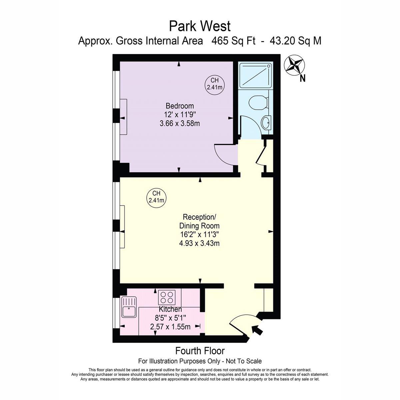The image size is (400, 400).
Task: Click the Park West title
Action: pos(200,26)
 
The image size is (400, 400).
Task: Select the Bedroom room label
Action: pos(180,106)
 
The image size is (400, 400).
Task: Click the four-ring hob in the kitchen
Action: pos(167,297)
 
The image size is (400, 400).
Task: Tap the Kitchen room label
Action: pos(170,309)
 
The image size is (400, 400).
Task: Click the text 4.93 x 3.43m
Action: pos(199,243)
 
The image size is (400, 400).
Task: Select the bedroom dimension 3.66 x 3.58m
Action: pos(180,124)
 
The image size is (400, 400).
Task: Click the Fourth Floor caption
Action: pos(200,351)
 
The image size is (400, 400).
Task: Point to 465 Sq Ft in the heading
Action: pos(233,41)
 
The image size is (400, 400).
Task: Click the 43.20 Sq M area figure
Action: pos(295,41)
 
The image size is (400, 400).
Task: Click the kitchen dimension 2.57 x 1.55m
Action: pos(170,327)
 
